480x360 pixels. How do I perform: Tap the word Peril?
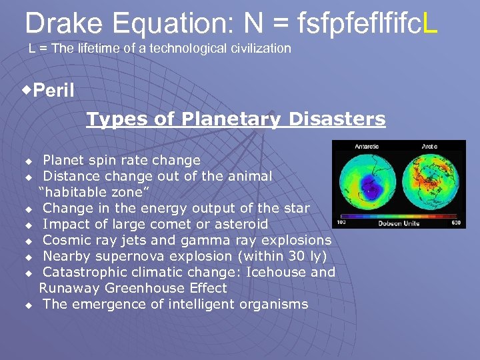(53, 91)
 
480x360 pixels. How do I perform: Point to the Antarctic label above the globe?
(366, 146)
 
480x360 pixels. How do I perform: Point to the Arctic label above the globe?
(429, 146)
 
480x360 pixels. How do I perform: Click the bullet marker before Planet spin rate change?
(29, 161)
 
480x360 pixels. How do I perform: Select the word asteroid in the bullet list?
(240, 224)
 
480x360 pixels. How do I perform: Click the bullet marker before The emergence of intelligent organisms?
(29, 305)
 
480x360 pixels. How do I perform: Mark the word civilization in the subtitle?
(262, 48)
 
